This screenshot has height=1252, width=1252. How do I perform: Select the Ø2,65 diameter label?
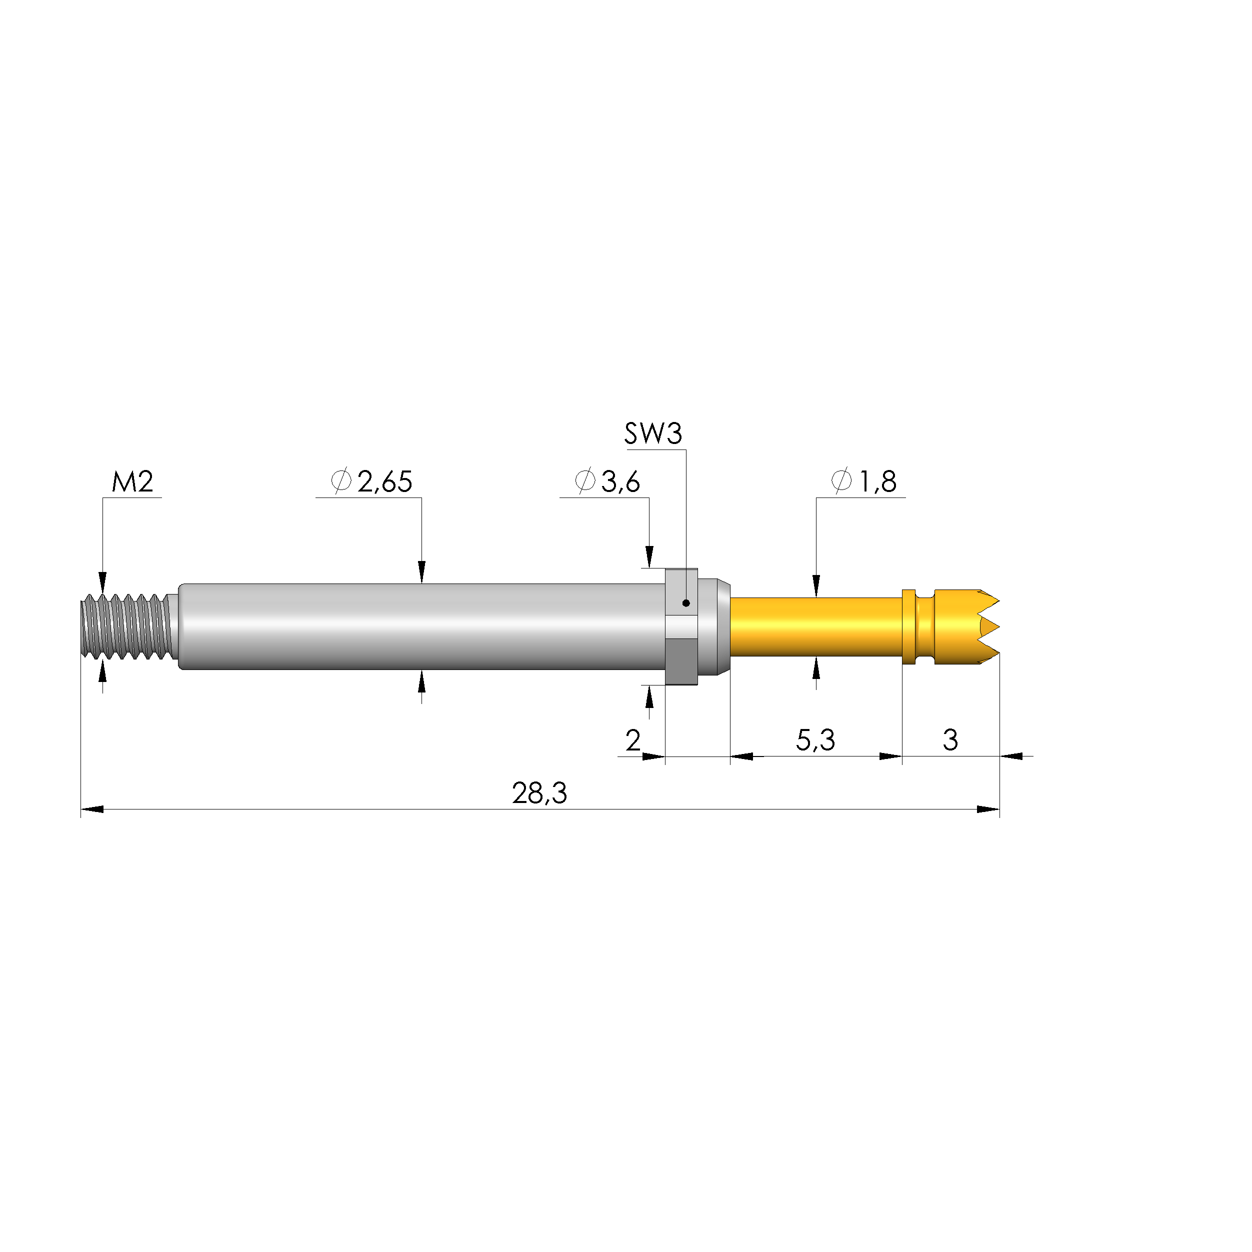(372, 481)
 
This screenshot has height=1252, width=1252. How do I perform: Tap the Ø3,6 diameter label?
(607, 481)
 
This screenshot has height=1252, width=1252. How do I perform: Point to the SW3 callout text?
(653, 433)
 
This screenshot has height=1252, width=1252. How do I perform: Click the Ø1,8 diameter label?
(864, 481)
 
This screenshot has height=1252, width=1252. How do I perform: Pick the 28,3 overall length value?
(539, 793)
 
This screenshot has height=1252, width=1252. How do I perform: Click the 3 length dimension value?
(950, 740)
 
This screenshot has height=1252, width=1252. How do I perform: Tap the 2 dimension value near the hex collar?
(633, 740)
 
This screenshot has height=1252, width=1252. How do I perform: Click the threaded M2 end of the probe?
(126, 626)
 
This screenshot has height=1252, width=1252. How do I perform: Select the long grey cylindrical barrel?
(421, 626)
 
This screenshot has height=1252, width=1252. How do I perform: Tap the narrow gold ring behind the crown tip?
(908, 626)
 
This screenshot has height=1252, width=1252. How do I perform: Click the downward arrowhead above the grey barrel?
(422, 572)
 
